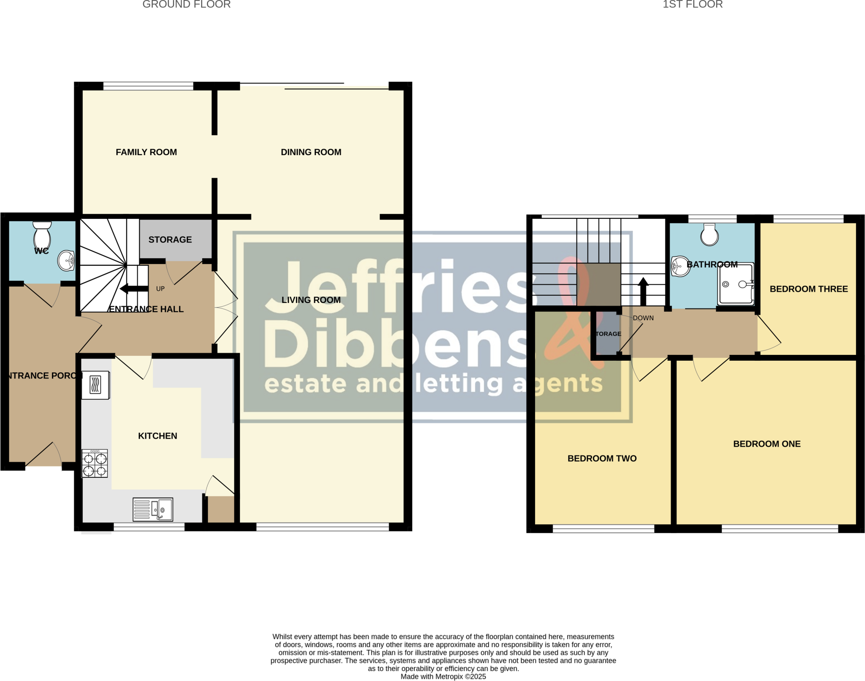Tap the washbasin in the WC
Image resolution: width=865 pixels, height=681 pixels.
point(66,260)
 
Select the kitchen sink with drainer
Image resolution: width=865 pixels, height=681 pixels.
point(152,509)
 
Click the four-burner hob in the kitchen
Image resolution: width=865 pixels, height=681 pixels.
point(95,463)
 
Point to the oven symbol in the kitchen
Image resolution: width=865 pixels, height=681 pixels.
point(95,385)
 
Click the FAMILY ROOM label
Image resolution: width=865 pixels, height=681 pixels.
point(146,152)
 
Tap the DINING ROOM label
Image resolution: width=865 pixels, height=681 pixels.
point(311,152)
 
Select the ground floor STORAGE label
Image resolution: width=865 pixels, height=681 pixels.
point(170,240)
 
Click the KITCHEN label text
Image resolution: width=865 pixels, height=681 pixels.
point(158,436)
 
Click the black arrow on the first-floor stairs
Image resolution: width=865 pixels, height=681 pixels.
point(643,291)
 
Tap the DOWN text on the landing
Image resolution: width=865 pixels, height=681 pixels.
point(643,318)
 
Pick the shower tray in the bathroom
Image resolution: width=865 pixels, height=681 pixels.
point(735,284)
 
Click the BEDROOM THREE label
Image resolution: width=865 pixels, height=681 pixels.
point(808,289)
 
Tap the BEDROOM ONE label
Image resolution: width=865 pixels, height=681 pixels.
point(767,444)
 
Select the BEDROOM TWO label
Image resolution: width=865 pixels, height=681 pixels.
point(602,458)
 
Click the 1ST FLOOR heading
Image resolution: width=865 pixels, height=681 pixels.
point(693,5)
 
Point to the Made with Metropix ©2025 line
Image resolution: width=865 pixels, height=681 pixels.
point(443,677)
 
